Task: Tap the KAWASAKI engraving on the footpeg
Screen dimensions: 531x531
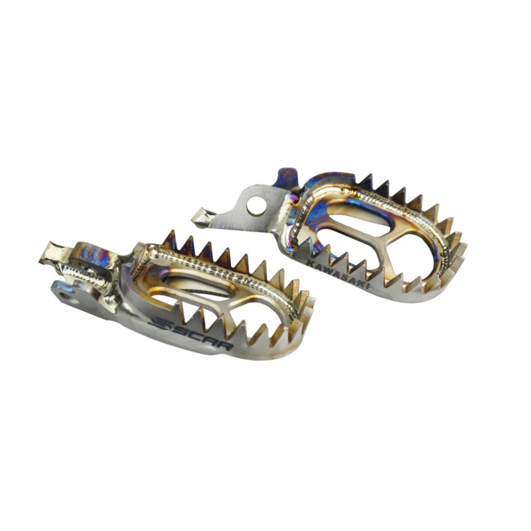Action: [x=338, y=274]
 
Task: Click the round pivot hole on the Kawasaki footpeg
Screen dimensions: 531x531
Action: [x=256, y=206]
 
